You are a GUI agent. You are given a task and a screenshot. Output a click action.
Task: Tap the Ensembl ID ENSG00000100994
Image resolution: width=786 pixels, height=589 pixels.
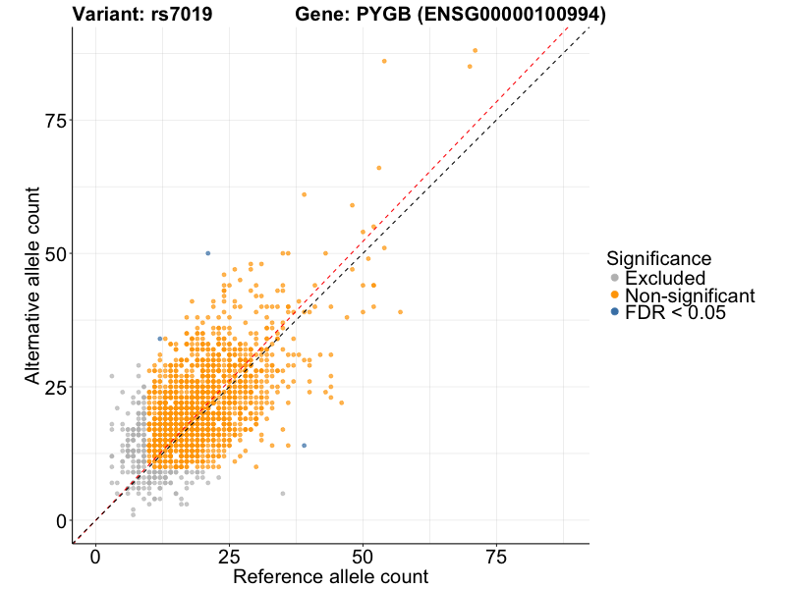(518, 15)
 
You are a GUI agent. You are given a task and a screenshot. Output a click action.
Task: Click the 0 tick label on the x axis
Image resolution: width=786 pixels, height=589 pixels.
(95, 557)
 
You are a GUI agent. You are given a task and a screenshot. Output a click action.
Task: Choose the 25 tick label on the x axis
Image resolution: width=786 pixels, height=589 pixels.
(229, 557)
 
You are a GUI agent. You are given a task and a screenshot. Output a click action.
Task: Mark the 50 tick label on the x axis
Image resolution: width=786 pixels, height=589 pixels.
(363, 557)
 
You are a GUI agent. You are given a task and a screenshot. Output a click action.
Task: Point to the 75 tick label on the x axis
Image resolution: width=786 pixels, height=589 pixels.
(496, 557)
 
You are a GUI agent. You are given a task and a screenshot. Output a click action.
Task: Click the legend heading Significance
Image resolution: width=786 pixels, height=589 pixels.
(658, 258)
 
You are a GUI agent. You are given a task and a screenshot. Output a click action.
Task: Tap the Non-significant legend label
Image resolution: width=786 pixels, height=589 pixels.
(690, 295)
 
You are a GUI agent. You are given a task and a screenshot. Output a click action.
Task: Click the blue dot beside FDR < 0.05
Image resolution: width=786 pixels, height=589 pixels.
(615, 312)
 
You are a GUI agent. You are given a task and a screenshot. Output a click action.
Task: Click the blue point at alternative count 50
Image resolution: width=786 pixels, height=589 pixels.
(207, 253)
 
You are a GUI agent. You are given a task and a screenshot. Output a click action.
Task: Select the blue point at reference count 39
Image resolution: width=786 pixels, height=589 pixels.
(304, 446)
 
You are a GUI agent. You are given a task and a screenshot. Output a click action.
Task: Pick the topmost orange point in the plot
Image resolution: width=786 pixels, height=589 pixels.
(475, 50)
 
